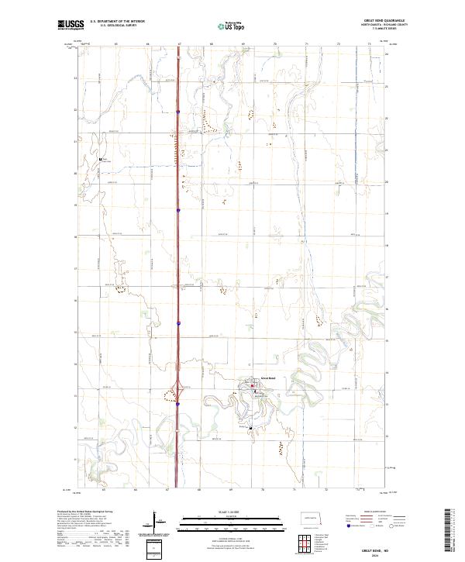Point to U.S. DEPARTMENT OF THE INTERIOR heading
pyautogui.click(x=117, y=22)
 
